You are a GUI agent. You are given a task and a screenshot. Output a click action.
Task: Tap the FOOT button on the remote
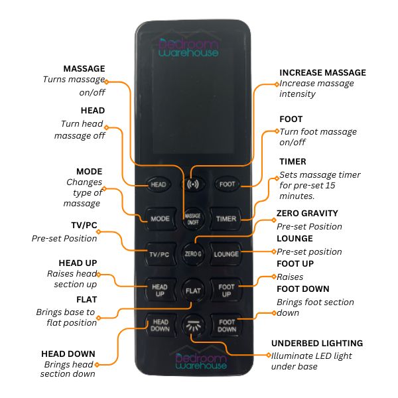tap(226, 184)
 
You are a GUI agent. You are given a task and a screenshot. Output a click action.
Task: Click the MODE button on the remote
tap(160, 218)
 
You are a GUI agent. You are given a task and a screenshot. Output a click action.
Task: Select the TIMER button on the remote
tap(226, 218)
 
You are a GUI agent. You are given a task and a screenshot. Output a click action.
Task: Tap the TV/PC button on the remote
tap(160, 254)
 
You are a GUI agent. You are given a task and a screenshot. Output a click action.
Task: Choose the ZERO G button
tap(193, 254)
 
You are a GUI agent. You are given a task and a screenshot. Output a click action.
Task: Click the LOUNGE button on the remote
tap(226, 254)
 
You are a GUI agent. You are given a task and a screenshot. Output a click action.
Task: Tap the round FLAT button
tap(193, 291)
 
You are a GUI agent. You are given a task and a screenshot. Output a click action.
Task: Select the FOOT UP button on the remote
tap(226, 291)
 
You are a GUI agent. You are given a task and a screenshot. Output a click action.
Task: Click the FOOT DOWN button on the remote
tap(226, 325)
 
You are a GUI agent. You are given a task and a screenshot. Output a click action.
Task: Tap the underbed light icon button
tap(193, 326)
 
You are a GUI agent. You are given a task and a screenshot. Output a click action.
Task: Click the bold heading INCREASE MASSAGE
tap(322, 73)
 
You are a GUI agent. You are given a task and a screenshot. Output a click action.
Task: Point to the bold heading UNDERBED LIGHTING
tap(316, 344)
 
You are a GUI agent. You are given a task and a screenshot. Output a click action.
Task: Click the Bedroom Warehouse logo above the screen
tap(188, 47)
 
